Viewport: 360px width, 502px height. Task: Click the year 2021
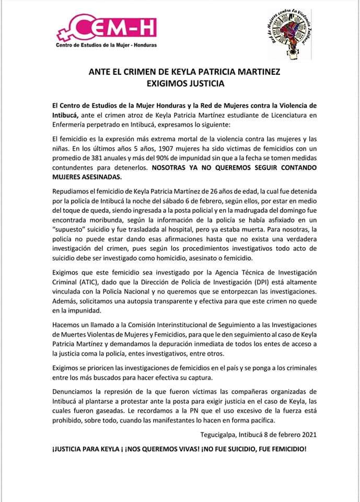point(305,433)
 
